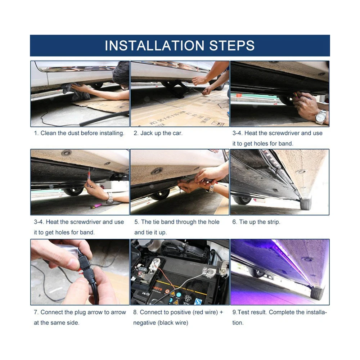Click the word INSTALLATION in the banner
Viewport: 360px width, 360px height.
pyautogui.click(x=154, y=45)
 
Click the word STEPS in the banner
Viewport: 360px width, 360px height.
pyautogui.click(x=232, y=45)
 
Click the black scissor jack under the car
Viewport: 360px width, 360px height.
pyautogui.click(x=179, y=89)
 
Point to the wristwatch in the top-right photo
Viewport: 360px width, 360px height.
pyautogui.click(x=321, y=117)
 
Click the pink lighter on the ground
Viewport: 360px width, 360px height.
pyautogui.click(x=96, y=206)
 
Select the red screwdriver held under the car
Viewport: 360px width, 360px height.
pyautogui.click(x=89, y=176)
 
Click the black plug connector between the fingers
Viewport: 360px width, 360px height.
pyautogui.click(x=85, y=269)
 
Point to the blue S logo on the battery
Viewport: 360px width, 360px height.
pyautogui.click(x=198, y=301)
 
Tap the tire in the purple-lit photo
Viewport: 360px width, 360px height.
pyautogui.click(x=317, y=293)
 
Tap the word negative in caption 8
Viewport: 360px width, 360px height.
pyautogui.click(x=144, y=323)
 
